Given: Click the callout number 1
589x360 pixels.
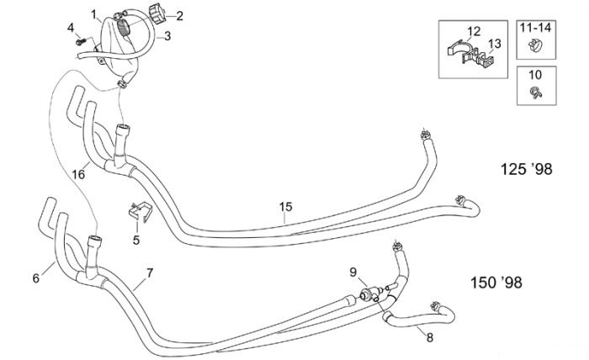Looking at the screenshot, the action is tap(94, 15).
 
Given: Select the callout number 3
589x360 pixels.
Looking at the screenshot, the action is tap(167, 36).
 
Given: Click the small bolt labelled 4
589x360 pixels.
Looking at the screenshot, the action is tap(81, 41).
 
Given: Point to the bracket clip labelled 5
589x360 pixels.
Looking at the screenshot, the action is tap(141, 212).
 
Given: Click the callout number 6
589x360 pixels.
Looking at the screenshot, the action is tap(36, 278).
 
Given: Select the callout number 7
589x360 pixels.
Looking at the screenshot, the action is tap(150, 273).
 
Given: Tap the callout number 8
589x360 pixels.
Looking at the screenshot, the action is tap(430, 338).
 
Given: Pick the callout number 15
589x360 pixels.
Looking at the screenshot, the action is tap(285, 207).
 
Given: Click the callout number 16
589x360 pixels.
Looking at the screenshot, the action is tap(78, 175).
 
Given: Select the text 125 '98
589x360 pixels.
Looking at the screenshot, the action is tap(526, 169).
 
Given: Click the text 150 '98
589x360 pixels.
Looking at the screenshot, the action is tap(496, 283).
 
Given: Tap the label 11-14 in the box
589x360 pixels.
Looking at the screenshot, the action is tap(536, 28).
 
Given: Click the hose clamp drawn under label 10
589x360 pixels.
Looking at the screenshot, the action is tap(536, 92).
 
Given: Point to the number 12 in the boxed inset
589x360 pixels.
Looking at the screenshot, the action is tap(474, 31).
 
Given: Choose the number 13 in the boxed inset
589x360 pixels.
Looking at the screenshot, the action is tap(495, 44).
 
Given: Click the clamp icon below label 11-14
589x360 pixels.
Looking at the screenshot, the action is tap(535, 46).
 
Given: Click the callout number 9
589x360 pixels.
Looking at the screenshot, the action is tap(353, 273).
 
